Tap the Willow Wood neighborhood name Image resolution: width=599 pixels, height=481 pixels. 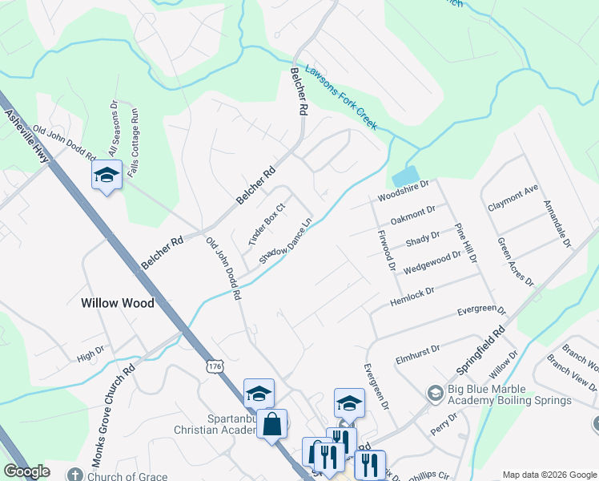click(x=118, y=303)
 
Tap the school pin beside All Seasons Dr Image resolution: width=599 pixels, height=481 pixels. click(x=106, y=175)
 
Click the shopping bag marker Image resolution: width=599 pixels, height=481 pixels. click(x=272, y=422)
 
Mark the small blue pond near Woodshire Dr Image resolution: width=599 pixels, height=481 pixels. click(x=407, y=176)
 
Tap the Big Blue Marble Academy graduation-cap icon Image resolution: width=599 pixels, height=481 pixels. click(x=435, y=393)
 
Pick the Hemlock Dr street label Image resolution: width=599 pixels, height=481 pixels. click(x=412, y=297)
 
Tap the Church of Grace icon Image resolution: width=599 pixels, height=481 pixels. click(x=75, y=474)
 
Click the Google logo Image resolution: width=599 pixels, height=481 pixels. click(x=27, y=471)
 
